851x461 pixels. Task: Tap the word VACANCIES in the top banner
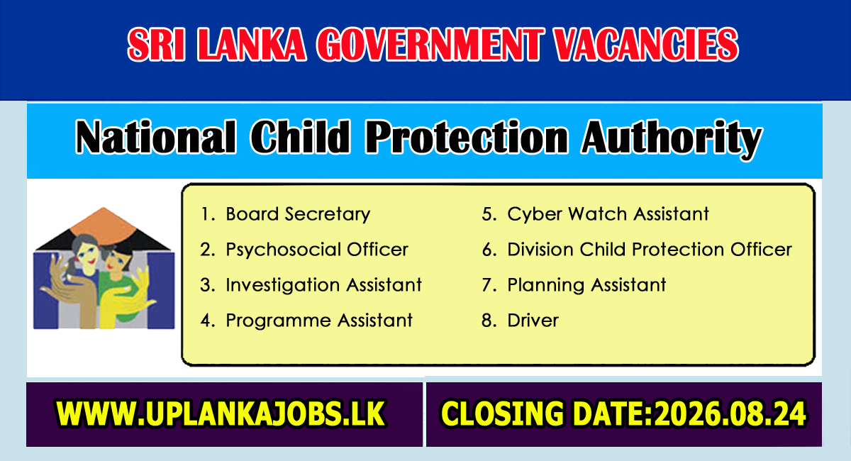point(646,45)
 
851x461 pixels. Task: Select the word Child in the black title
point(300,137)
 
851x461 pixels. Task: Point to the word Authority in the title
point(672,139)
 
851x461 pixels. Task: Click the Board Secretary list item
point(298,214)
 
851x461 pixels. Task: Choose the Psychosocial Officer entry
point(317,250)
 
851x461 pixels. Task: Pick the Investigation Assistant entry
point(323,285)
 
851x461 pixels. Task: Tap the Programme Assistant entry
point(319,321)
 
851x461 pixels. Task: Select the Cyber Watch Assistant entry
point(608,214)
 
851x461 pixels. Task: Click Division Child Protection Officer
point(650,250)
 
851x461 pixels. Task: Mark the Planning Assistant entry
point(586,285)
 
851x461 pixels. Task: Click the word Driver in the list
point(533,321)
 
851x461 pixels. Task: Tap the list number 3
point(208,285)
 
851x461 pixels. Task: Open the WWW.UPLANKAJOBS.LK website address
point(221,413)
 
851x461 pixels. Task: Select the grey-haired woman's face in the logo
point(87,252)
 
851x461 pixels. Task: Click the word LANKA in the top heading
point(252,45)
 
